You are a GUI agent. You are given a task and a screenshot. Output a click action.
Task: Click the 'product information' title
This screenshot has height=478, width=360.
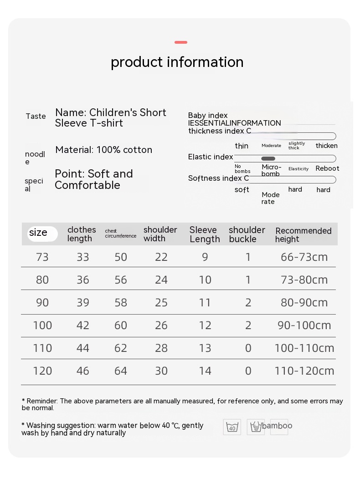[177, 62]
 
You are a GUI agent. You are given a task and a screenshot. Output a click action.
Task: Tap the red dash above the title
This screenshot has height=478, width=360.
[181, 42]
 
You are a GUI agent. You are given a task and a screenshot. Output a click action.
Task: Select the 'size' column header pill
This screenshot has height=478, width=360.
[42, 234]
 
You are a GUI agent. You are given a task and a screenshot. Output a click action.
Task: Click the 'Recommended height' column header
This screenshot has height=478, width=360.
[303, 235]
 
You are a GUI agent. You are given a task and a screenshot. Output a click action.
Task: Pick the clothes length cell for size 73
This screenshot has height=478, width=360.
[83, 257]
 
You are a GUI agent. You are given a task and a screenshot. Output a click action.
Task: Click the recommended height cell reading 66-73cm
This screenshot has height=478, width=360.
[304, 257]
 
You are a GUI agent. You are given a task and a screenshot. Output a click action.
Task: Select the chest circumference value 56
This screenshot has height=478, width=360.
[121, 280]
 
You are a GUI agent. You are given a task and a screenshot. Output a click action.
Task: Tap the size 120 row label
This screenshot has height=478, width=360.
[42, 371]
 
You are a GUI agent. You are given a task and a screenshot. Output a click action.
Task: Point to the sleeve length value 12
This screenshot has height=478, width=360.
[205, 325]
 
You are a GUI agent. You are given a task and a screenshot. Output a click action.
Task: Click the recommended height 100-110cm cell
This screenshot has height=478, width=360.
[304, 348]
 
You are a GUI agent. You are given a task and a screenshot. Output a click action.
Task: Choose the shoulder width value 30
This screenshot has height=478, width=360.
[161, 371]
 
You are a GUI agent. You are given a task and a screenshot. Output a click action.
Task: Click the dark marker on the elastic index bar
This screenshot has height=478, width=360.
[268, 158]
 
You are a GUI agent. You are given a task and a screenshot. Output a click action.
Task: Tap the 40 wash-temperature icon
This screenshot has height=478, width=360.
[232, 427]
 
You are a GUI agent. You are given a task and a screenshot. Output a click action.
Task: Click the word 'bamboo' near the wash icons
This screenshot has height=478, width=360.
[277, 426]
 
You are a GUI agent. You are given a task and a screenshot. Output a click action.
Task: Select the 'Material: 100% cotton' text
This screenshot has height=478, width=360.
[104, 150]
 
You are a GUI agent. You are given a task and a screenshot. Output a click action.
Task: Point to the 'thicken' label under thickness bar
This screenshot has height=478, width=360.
[327, 146]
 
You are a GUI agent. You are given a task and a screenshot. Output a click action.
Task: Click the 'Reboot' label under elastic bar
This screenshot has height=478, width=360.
[327, 168]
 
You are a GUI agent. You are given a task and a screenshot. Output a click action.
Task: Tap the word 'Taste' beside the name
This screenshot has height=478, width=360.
[36, 116]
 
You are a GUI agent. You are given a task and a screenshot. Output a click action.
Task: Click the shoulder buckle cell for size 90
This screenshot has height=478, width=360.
[248, 303]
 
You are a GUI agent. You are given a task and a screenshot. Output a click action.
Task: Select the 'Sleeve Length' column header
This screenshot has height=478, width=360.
[205, 234]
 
